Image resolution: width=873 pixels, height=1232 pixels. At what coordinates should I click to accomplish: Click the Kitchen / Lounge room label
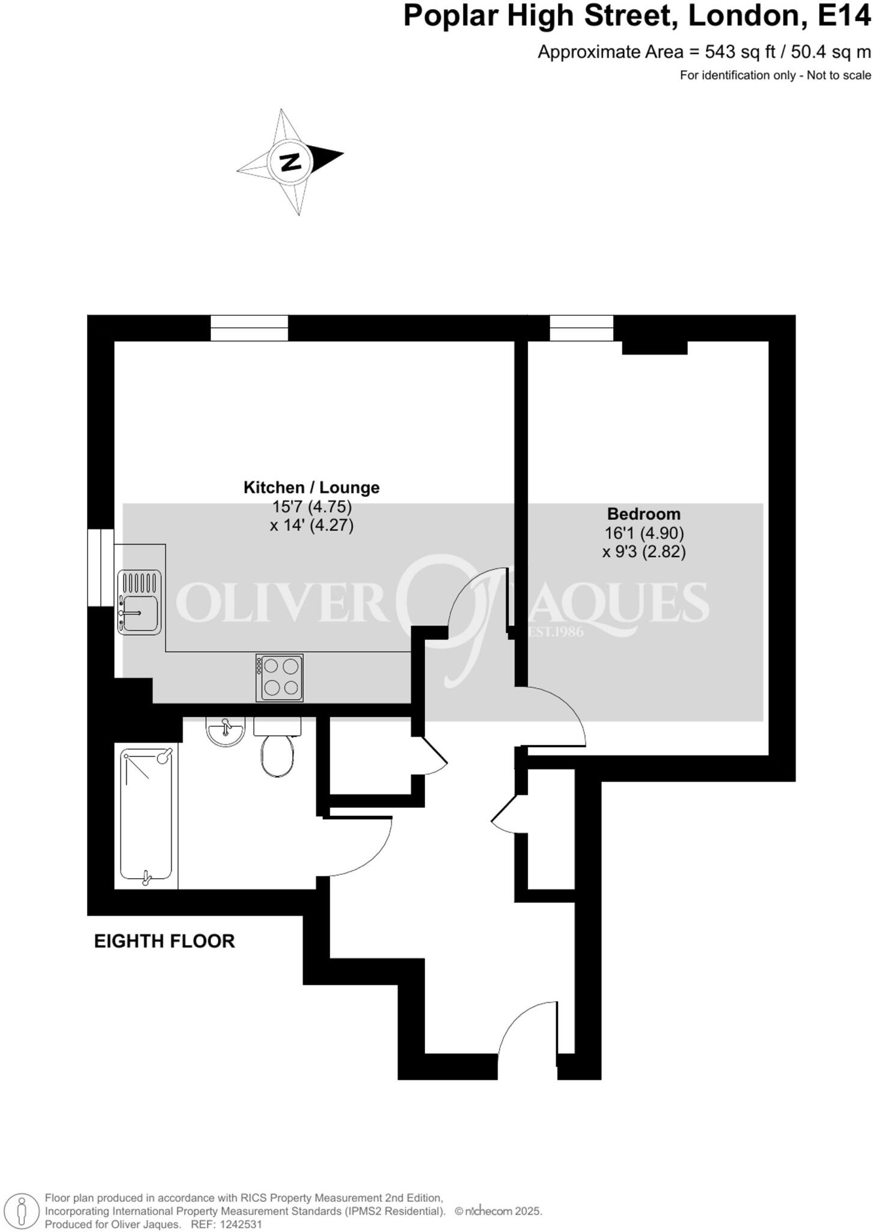311,487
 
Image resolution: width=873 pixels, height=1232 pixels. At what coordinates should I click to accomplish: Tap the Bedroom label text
643,514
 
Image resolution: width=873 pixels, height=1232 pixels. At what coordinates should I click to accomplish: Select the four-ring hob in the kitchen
279,677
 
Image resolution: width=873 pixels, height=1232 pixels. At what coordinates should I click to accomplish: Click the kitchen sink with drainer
139,602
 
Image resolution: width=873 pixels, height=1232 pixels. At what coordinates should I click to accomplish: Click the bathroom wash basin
225,731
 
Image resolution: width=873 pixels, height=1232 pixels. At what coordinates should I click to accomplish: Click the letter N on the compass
291,162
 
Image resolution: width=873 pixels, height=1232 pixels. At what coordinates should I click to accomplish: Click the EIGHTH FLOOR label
164,941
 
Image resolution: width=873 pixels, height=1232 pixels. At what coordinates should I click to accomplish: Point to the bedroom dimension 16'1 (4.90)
643,533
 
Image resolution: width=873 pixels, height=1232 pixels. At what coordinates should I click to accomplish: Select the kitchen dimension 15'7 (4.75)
311,507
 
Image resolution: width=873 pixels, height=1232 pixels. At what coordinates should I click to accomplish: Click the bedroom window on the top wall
581,328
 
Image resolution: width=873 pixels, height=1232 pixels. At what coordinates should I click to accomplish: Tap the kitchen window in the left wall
100,567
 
